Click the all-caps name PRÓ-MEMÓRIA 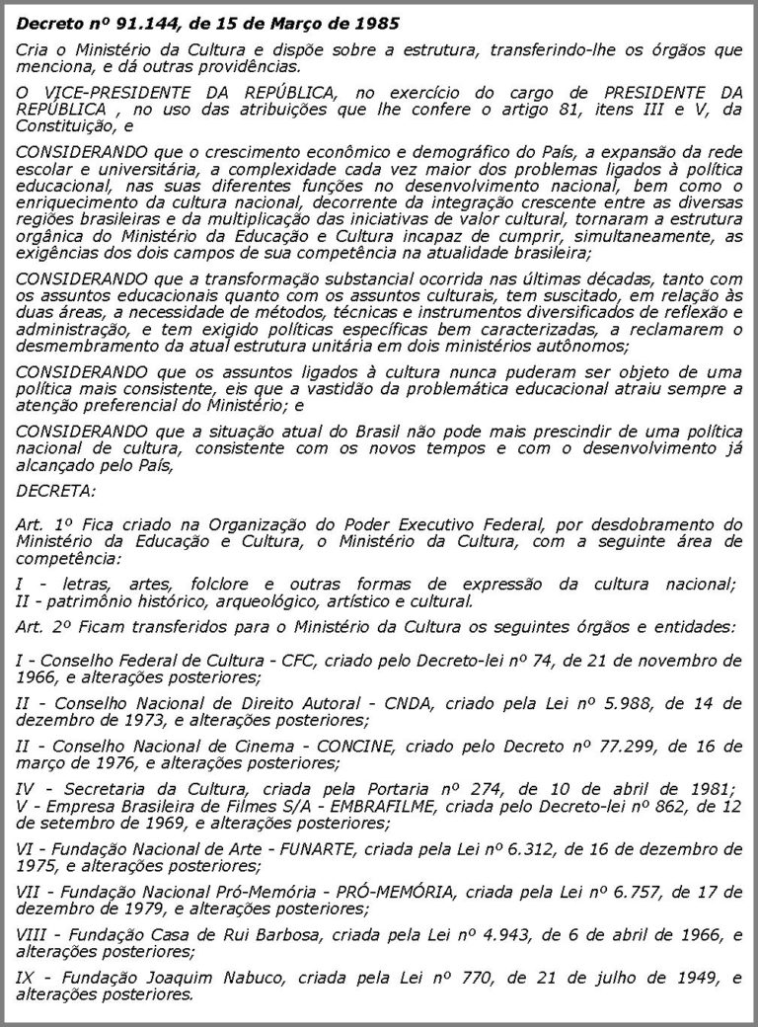pos(398,891)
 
